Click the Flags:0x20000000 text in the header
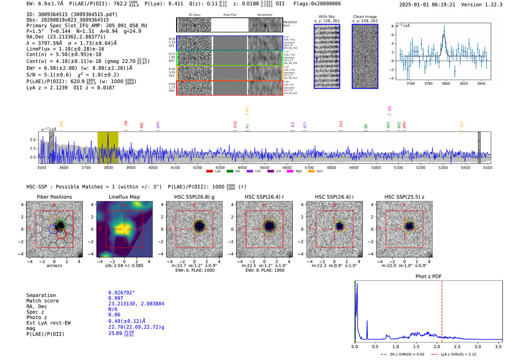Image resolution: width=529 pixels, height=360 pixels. click(317, 4)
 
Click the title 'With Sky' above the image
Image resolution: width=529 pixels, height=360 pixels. click(326, 17)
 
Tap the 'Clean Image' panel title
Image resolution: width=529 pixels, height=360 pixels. click(365, 17)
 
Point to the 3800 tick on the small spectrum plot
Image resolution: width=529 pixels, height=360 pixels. click(446, 83)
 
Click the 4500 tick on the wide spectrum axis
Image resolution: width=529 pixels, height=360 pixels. click(264, 167)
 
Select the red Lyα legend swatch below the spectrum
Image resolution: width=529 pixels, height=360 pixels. click(210, 171)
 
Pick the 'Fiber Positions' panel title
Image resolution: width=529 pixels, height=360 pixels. click(54, 197)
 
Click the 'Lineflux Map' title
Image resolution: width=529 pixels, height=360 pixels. click(124, 197)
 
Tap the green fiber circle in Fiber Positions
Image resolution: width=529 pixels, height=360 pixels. click(61, 224)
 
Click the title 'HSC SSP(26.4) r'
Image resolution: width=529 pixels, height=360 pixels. click(264, 197)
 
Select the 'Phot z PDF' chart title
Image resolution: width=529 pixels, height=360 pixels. click(428, 277)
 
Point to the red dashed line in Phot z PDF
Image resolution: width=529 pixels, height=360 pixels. click(442, 310)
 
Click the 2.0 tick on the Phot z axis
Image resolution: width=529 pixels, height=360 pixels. click(436, 346)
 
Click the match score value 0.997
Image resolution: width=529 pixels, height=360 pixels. click(116, 298)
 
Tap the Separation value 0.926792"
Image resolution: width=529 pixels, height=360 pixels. click(121, 293)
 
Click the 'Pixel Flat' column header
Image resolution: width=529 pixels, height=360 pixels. click(230, 15)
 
